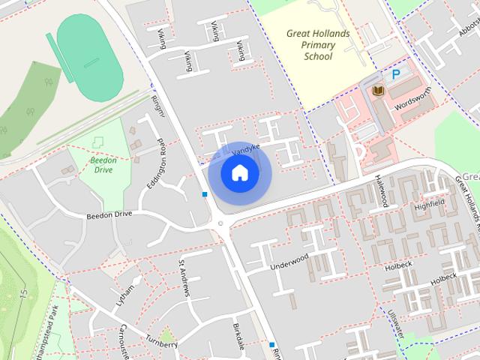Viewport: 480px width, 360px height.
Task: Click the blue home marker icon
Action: click(239, 173)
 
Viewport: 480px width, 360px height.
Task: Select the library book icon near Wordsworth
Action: click(378, 91)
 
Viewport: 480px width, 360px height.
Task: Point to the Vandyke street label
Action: click(245, 150)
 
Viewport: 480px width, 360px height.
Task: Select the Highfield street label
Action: click(430, 203)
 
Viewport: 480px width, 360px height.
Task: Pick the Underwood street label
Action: click(289, 262)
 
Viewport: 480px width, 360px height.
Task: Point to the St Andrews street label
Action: click(184, 277)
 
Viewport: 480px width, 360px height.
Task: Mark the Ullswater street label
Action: click(395, 325)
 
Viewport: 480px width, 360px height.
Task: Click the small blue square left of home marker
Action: click(204, 194)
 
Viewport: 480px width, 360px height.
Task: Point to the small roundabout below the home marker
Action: click(220, 223)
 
